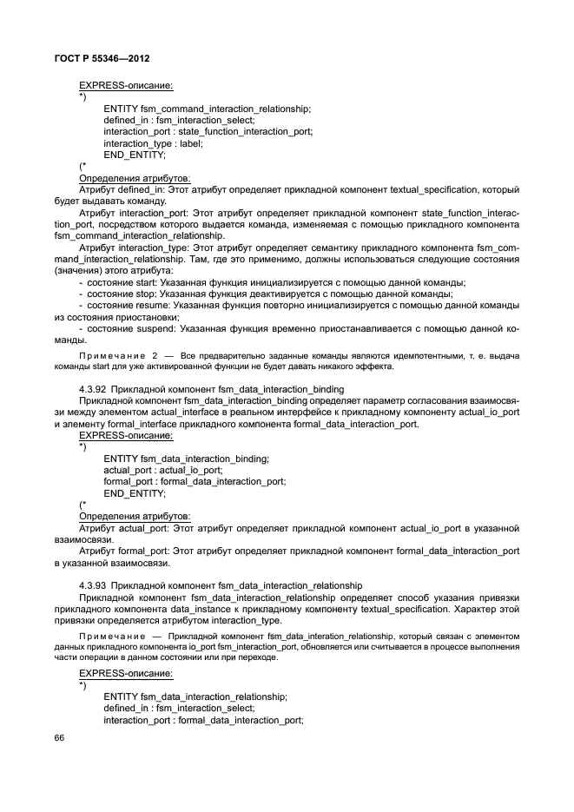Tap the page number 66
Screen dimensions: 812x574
[x=59, y=737]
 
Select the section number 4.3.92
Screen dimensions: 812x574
[x=94, y=388]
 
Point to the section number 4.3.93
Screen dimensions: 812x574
[x=94, y=585]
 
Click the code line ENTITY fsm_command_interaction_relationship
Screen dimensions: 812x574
[x=207, y=108]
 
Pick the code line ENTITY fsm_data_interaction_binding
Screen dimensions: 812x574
[x=187, y=458]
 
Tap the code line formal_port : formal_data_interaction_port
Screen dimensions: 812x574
[x=194, y=481]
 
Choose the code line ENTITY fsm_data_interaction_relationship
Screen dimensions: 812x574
[x=195, y=696]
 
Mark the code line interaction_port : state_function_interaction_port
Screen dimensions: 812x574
[x=208, y=131]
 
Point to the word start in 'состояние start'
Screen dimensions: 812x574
[x=146, y=283]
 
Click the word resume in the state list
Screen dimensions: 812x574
[x=151, y=306]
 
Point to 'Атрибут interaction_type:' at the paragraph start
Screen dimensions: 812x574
[x=135, y=248]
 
